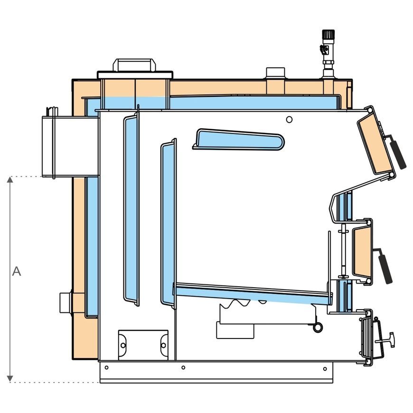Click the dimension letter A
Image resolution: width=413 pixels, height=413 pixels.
16,271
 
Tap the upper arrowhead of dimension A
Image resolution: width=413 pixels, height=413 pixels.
10,179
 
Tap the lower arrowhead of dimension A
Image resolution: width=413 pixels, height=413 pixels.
10,378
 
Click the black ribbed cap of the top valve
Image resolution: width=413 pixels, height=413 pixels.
328,34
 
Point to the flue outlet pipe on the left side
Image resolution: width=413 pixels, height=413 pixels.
70,146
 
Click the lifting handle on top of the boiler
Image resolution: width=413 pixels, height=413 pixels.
134,65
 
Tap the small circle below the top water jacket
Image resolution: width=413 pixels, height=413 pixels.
289,120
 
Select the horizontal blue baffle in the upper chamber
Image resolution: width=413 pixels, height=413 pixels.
239,140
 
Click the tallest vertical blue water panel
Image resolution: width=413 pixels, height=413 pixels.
131,209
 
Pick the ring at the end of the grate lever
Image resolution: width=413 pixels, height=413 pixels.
318,328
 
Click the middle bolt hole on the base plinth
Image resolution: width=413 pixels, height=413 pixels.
183,367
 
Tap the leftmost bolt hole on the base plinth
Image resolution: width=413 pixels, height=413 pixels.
106,367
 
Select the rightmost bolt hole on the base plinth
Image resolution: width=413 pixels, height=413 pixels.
325,369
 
